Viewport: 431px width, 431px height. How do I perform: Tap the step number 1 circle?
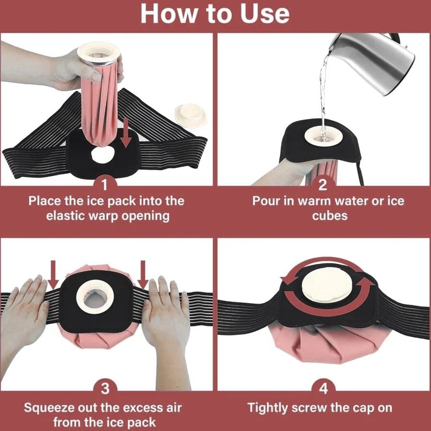click(x=105, y=185)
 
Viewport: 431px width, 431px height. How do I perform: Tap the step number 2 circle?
click(x=323, y=185)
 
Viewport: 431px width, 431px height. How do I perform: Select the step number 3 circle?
click(x=105, y=389)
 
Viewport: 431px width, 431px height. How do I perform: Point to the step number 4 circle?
click(x=323, y=389)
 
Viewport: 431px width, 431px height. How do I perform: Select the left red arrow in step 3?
click(x=53, y=276)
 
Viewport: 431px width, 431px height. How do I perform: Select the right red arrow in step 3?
click(x=144, y=276)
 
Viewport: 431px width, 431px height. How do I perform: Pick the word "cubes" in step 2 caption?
click(x=330, y=215)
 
